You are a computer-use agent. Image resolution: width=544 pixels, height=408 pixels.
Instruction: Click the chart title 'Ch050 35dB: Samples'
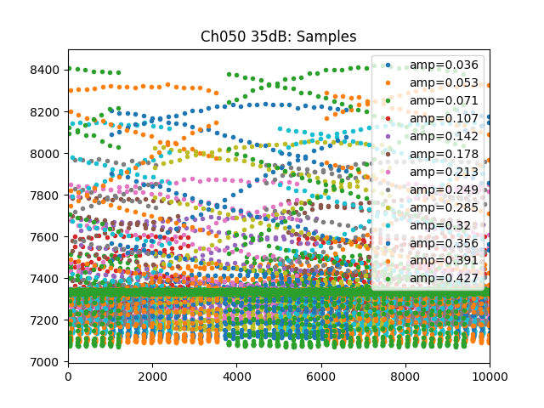[x=278, y=37]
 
